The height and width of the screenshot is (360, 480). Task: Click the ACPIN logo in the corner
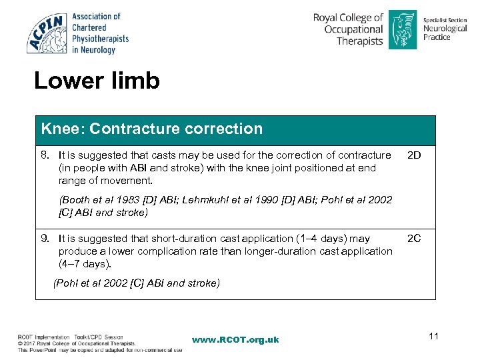(x=47, y=33)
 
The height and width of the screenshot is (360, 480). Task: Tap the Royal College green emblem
(x=402, y=29)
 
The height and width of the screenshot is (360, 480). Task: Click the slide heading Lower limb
(x=97, y=81)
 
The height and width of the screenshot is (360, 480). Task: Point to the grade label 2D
(x=414, y=155)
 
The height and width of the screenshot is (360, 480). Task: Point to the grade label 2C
(x=414, y=239)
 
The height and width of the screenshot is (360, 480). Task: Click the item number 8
(x=46, y=155)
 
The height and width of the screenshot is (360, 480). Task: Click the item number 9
(x=46, y=239)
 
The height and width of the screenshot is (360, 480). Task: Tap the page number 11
(x=434, y=336)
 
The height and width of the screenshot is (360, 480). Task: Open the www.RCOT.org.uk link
(x=235, y=340)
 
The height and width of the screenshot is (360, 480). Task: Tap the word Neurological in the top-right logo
(x=445, y=29)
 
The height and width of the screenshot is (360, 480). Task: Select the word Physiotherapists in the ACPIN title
(x=100, y=39)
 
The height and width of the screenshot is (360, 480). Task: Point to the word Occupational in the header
(x=353, y=29)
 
